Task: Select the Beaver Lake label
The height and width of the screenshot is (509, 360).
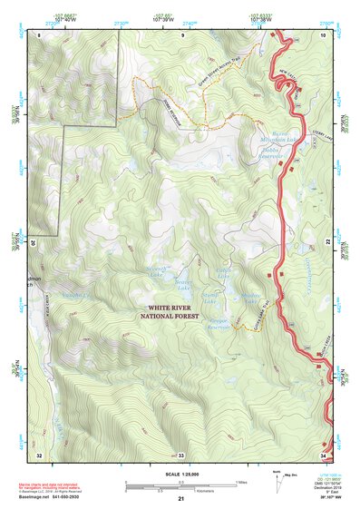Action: (184, 283)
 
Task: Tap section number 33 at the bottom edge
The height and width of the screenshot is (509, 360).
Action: (180, 454)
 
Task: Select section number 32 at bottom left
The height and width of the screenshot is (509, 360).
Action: (40, 454)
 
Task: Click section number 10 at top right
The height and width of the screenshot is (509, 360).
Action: (322, 34)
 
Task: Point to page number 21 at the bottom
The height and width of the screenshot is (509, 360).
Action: (181, 500)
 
